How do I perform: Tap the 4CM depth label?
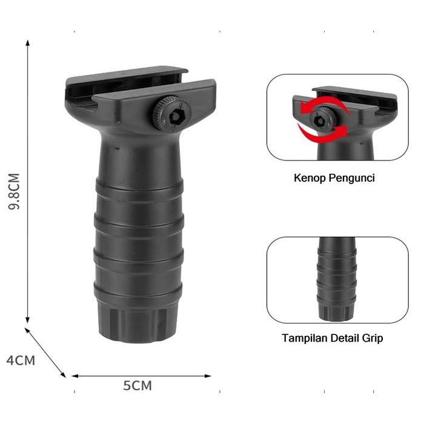coord(21,360)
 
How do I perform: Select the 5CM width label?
coord(137,385)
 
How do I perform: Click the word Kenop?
coord(308,179)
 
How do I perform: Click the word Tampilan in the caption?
coord(302,338)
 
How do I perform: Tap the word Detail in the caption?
coord(346,338)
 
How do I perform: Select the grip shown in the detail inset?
coord(337,279)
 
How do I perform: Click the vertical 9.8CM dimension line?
coord(28,182)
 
